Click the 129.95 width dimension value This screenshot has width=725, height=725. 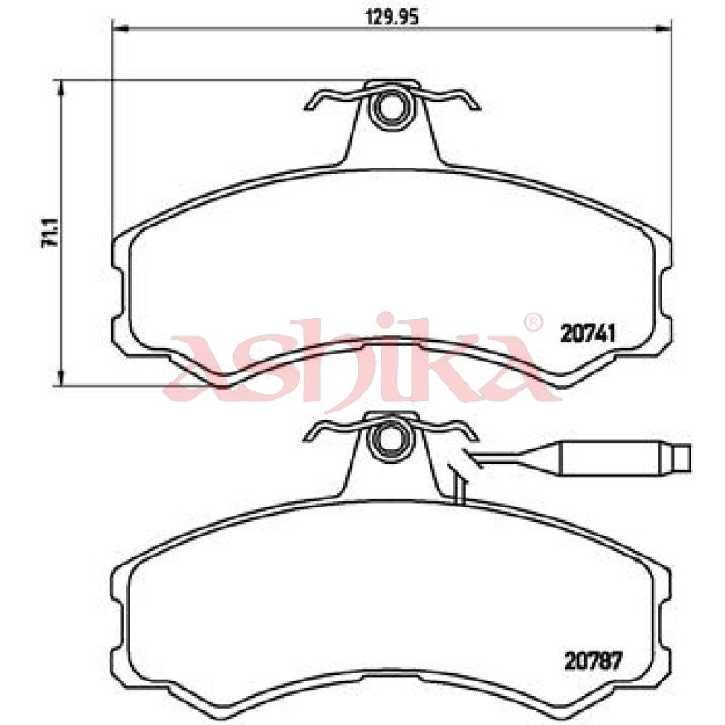(392, 17)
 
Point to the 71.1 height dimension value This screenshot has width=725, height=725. (50, 234)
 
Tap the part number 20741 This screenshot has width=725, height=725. (588, 333)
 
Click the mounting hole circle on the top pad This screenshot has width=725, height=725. (389, 110)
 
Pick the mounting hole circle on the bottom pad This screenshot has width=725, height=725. (388, 440)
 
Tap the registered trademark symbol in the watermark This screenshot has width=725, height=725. (532, 323)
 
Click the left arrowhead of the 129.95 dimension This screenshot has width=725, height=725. (121, 30)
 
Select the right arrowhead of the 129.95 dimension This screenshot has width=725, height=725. (664, 30)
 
